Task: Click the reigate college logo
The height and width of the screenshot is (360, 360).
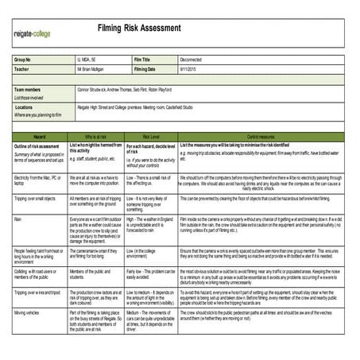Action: point(32,35)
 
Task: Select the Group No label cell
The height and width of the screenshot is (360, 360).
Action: point(23,60)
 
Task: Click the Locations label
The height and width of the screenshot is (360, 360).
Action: point(24,106)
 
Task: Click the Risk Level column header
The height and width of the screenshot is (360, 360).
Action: point(151,137)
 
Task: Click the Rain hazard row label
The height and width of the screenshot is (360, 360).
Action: point(19,218)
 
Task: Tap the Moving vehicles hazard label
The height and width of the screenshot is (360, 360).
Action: point(32,313)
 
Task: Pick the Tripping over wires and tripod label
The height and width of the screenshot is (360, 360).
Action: point(39,293)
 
